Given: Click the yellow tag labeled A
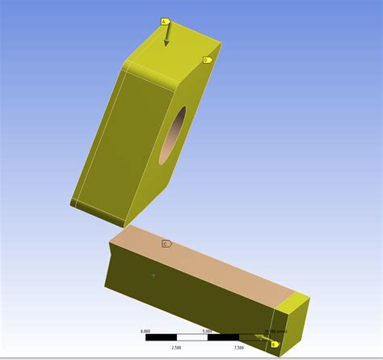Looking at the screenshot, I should [x=164, y=22].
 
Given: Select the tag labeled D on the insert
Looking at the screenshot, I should [x=207, y=60].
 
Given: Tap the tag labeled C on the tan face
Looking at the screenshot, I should [x=166, y=244].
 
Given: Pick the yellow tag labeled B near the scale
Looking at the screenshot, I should [x=274, y=344].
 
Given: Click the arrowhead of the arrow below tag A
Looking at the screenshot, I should [x=167, y=43].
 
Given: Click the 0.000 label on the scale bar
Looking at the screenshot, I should [x=145, y=331].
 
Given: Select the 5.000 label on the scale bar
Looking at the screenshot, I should [x=208, y=331].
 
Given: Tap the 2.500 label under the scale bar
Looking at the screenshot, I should [x=176, y=348].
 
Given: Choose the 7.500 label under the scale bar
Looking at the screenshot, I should [x=238, y=348].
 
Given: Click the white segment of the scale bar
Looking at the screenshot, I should [x=191, y=337].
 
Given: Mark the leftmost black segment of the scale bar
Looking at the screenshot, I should [x=160, y=337].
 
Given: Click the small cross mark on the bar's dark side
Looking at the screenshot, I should [x=154, y=275].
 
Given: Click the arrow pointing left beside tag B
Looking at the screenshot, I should [x=263, y=337].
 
